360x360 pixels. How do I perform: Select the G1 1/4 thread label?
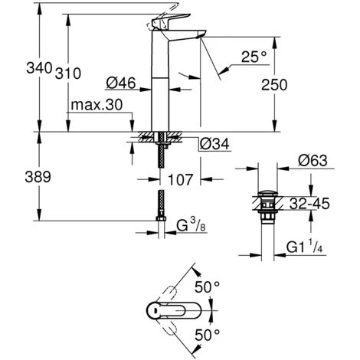point(308,247)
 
